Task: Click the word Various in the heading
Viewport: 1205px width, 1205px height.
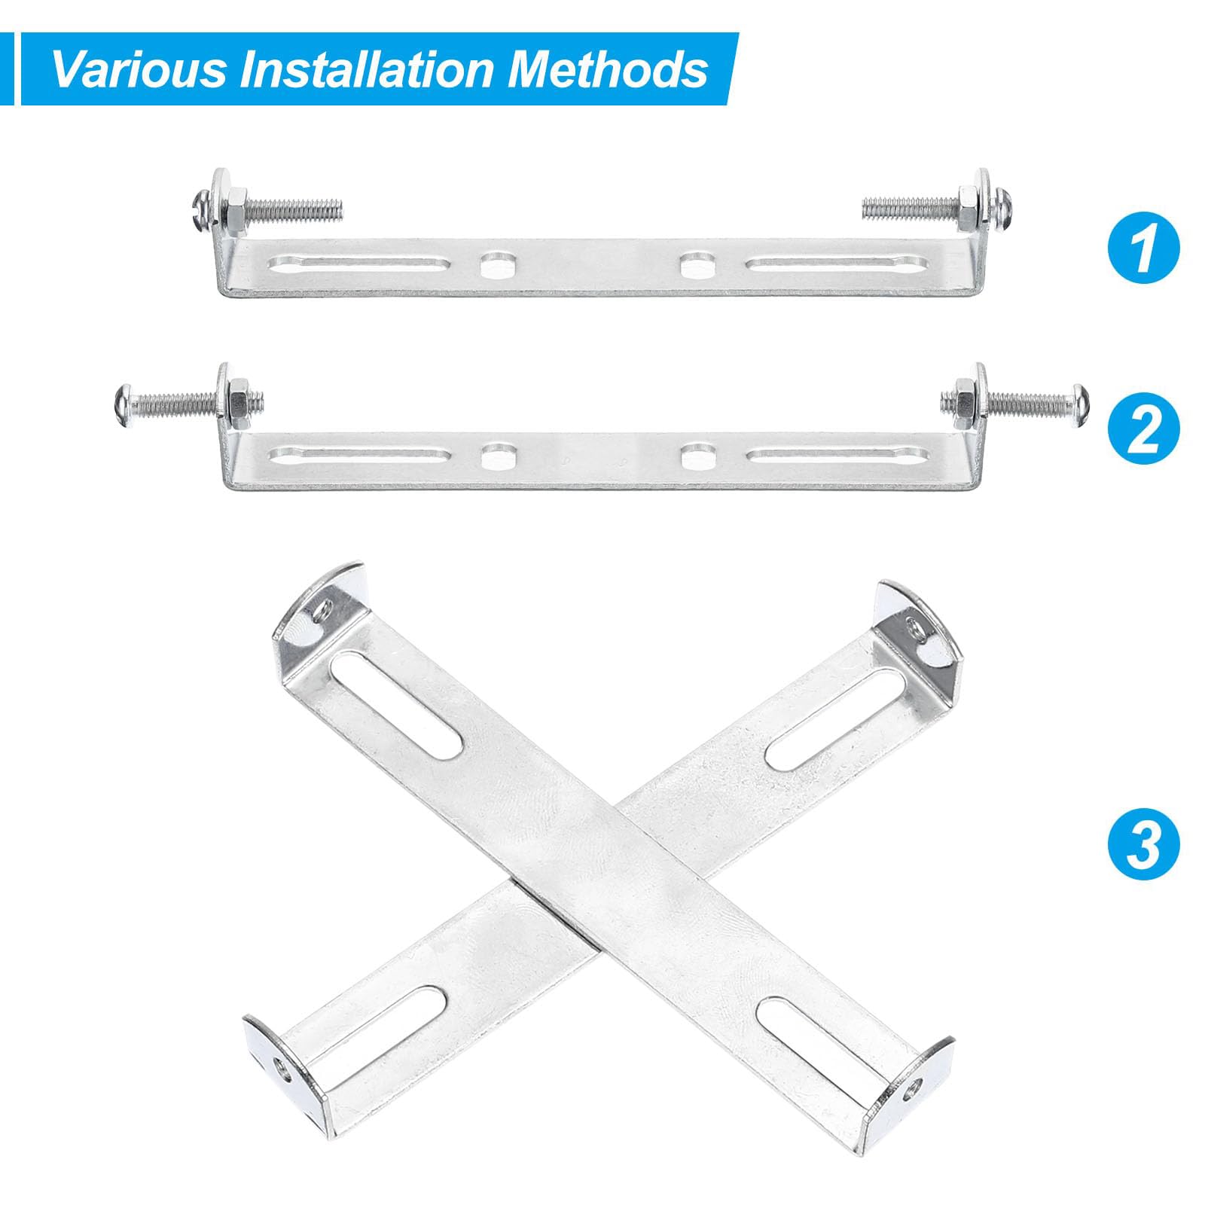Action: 139,69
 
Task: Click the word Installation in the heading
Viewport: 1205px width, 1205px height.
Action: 368,69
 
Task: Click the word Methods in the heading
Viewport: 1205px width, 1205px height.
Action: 608,69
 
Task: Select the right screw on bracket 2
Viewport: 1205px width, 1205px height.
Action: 1014,401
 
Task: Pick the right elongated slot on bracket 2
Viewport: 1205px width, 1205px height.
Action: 837,454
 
